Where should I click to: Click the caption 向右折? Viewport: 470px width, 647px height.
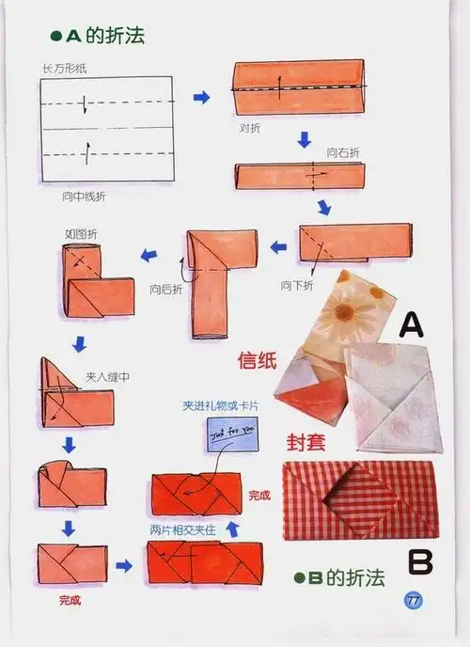(342, 152)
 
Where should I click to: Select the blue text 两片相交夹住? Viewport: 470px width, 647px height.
(183, 530)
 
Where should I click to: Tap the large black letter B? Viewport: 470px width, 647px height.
(423, 560)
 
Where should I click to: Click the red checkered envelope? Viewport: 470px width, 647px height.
(357, 498)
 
